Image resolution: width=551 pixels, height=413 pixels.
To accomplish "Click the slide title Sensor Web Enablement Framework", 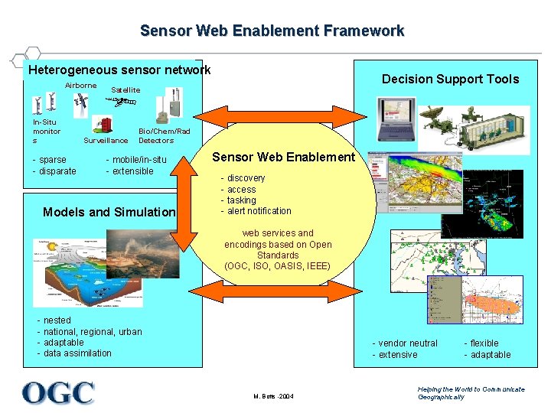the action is tap(272, 31).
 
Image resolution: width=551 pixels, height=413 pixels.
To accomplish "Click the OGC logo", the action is tap(59, 393).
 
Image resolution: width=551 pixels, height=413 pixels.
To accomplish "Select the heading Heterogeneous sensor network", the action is tap(119, 70).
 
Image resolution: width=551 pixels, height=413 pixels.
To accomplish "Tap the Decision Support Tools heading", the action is tap(450, 79).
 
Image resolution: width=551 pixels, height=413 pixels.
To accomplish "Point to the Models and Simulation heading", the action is tap(109, 212).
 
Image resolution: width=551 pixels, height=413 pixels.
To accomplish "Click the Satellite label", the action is tap(126, 89).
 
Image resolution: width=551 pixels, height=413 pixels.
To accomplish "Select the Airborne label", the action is tap(81, 85).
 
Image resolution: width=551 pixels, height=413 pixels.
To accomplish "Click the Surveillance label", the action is tap(106, 141).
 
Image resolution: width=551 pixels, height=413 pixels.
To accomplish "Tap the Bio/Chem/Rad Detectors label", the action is tap(164, 135).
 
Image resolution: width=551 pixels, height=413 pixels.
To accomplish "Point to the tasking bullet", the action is tap(242, 200).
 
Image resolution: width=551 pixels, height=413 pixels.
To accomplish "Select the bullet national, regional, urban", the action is tap(93, 331).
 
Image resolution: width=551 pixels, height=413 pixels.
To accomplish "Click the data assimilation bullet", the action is tap(77, 353).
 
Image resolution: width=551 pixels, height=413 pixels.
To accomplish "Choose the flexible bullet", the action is tap(484, 343).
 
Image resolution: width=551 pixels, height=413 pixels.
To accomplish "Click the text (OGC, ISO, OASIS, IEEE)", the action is tap(278, 266).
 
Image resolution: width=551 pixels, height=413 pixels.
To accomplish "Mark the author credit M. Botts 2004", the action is tap(273, 396).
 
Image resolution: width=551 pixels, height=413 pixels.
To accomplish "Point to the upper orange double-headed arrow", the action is tap(283, 115).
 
